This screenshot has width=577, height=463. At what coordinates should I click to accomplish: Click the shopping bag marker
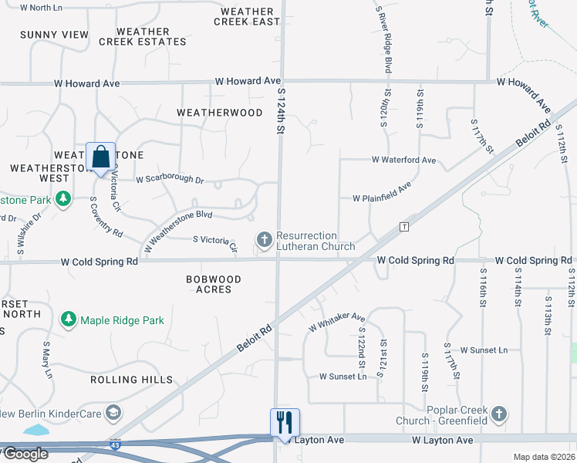click(x=101, y=157)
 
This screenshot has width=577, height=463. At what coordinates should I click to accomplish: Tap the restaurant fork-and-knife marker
click(x=285, y=422)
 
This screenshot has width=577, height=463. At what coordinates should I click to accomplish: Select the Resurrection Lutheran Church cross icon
click(x=265, y=239)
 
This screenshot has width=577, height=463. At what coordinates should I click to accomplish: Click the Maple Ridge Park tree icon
click(x=69, y=319)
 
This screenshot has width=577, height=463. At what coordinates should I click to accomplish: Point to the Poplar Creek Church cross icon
click(x=499, y=414)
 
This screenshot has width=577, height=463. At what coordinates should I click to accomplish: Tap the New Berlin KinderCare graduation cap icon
click(x=114, y=413)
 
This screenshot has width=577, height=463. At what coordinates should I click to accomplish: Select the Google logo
click(x=25, y=454)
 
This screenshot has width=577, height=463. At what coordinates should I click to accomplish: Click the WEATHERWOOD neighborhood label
click(x=220, y=113)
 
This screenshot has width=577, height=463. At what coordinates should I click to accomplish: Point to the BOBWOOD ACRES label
click(x=214, y=284)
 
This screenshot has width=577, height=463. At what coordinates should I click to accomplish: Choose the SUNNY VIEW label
click(x=55, y=35)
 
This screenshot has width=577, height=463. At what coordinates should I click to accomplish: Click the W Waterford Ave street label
click(x=403, y=161)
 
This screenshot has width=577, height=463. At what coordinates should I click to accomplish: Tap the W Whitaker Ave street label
click(x=336, y=322)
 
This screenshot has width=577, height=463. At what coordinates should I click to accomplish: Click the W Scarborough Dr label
click(x=170, y=180)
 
